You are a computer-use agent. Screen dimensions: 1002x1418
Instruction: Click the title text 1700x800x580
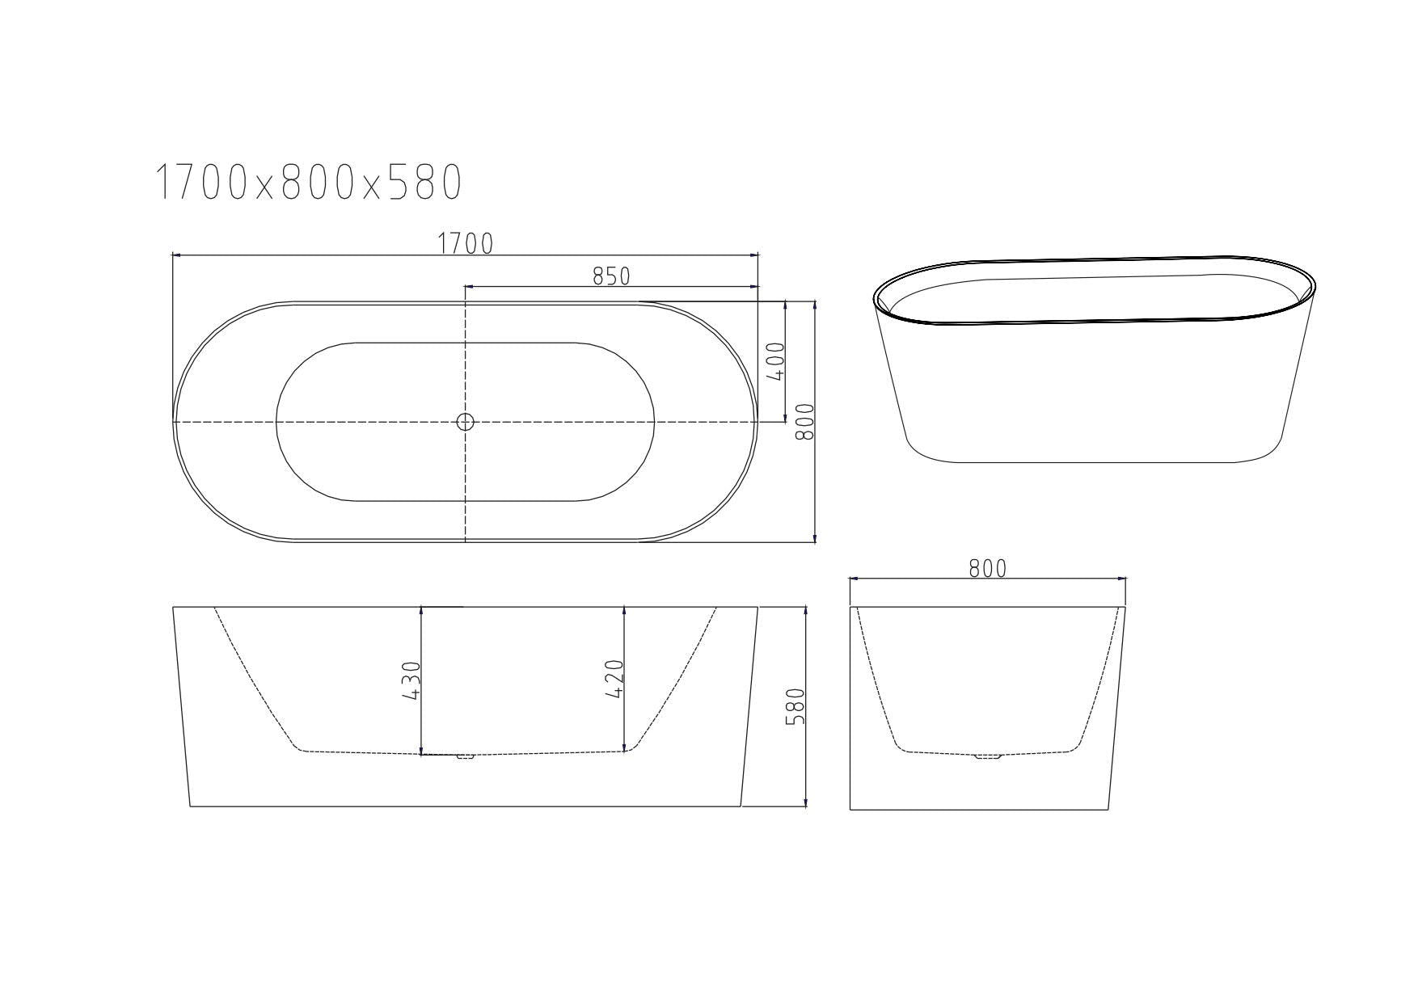[x=308, y=182]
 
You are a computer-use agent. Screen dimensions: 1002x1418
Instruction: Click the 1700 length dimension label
[x=466, y=243]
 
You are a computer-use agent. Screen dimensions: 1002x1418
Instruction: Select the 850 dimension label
[x=611, y=276]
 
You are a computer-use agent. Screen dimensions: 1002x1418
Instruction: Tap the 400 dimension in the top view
[x=774, y=362]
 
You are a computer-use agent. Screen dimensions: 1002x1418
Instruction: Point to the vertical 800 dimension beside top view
[x=804, y=422]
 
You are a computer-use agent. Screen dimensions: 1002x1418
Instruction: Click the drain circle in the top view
[x=465, y=421]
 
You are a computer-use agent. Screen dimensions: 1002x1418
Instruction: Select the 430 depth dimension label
[x=411, y=680]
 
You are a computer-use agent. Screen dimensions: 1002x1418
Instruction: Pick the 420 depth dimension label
[x=614, y=680]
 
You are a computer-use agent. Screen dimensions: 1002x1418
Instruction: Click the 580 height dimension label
[x=796, y=706]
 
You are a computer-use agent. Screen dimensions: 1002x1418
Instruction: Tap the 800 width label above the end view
[x=988, y=569]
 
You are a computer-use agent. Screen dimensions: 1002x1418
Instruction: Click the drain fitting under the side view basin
[x=464, y=757]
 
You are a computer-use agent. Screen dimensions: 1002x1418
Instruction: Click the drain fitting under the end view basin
[x=988, y=757]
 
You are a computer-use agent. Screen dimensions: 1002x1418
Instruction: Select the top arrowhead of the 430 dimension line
[x=422, y=611]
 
